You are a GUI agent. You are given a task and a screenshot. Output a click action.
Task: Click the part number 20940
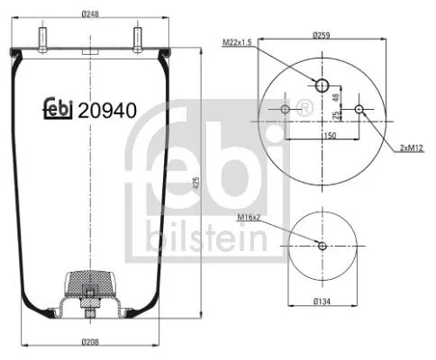click(x=107, y=112)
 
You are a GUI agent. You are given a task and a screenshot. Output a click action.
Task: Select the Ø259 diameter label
click(x=323, y=35)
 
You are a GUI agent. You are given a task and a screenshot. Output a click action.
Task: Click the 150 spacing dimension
click(x=331, y=135)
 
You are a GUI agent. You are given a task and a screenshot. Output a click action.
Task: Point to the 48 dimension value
click(x=336, y=97)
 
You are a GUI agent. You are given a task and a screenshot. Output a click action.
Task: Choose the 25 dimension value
click(x=336, y=115)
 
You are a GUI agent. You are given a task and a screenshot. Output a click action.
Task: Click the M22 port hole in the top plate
click(x=322, y=85)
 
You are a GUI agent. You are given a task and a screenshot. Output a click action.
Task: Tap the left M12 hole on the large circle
click(x=286, y=110)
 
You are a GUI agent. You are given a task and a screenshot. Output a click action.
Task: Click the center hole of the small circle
click(x=322, y=246)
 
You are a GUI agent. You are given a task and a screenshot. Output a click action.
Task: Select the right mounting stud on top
click(x=138, y=40)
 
